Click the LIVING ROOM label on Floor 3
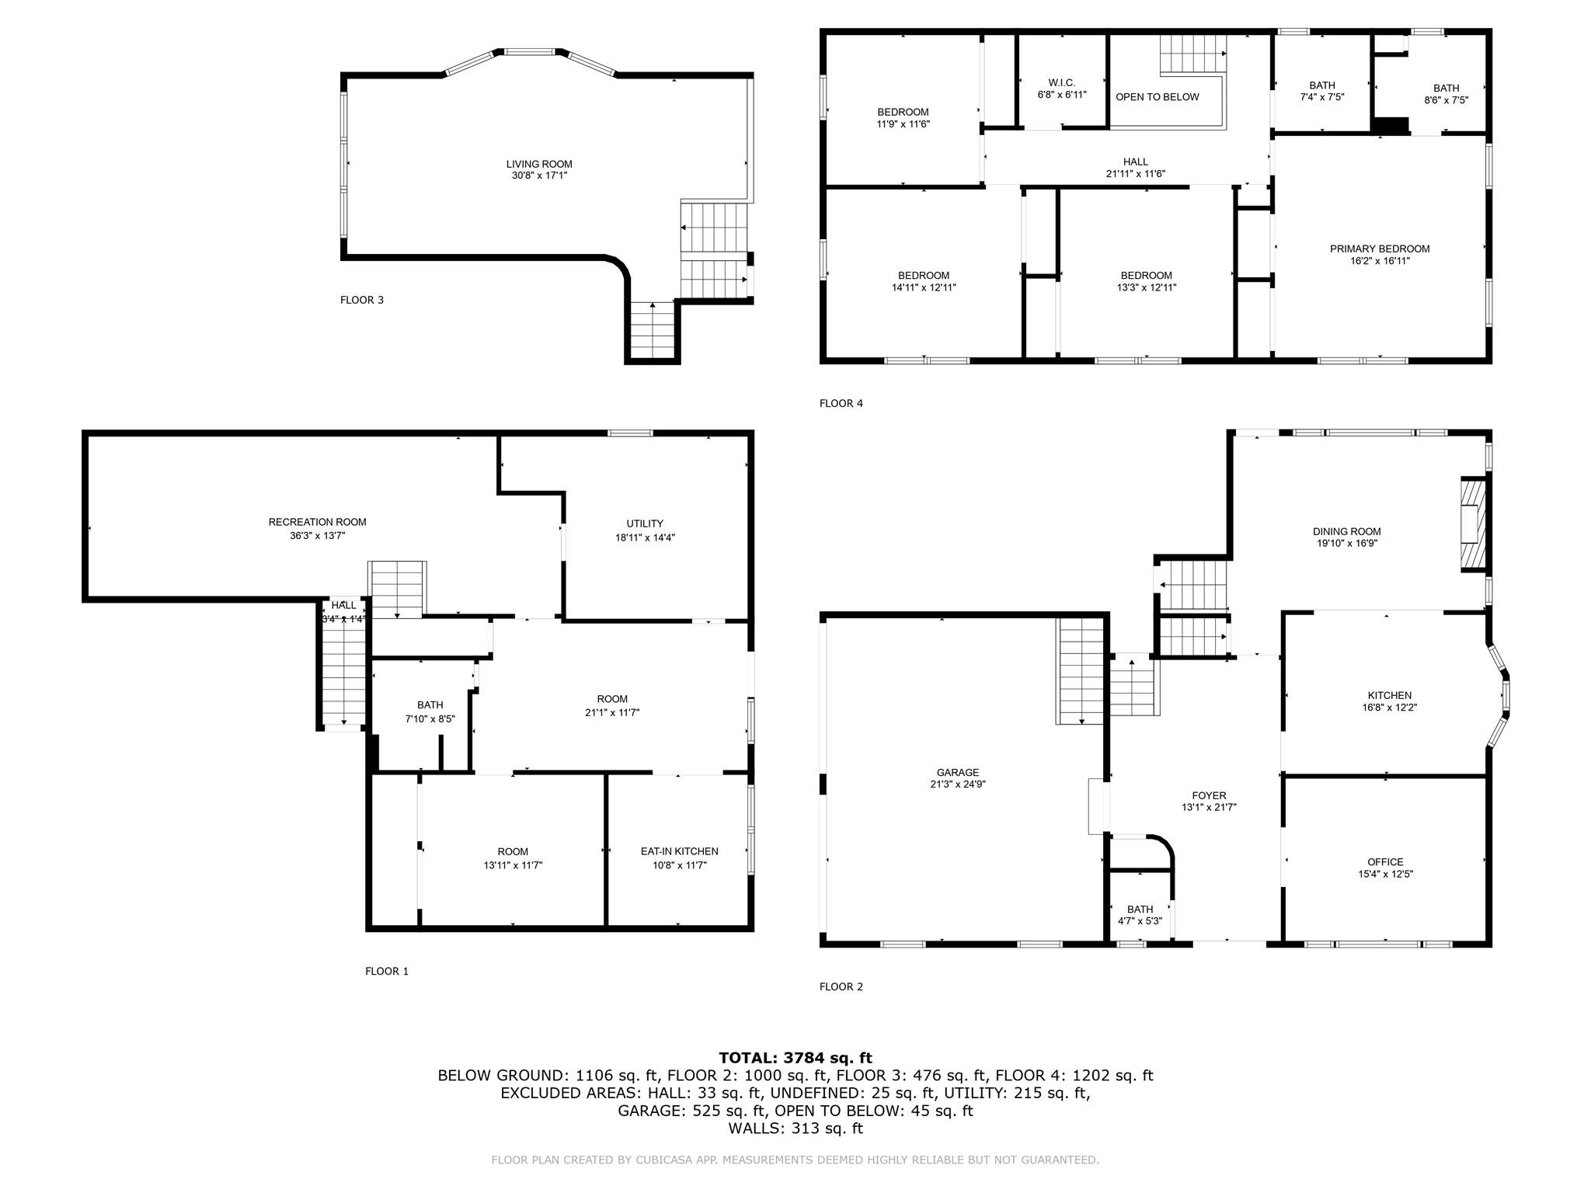point(539,164)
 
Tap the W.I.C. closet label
point(1061,82)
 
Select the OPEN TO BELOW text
point(1157,97)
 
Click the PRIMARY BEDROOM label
point(1379,249)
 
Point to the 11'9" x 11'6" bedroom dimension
point(903,124)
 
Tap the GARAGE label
point(957,772)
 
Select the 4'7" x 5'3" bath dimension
point(1140,921)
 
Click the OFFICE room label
point(1385,861)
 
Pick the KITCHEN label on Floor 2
point(1389,695)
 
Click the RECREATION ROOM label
point(317,522)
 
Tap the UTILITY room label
point(644,523)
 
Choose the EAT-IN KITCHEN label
point(679,851)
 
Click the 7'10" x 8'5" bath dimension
point(430,719)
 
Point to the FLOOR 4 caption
point(841,403)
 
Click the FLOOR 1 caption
point(386,971)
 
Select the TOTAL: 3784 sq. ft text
point(795,1057)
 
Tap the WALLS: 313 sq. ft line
point(795,1128)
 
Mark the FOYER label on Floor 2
point(1209,795)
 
